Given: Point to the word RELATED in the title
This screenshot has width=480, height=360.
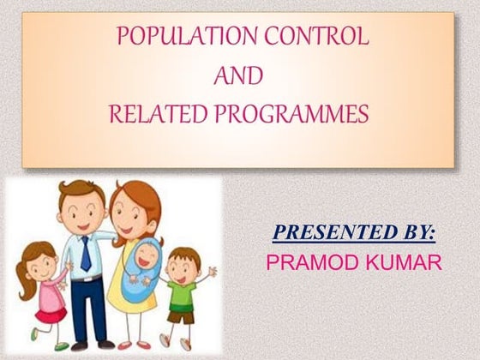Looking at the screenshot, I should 160,114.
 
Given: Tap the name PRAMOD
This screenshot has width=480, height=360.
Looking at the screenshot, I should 312,261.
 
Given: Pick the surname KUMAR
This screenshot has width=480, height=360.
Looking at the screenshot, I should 403,261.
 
